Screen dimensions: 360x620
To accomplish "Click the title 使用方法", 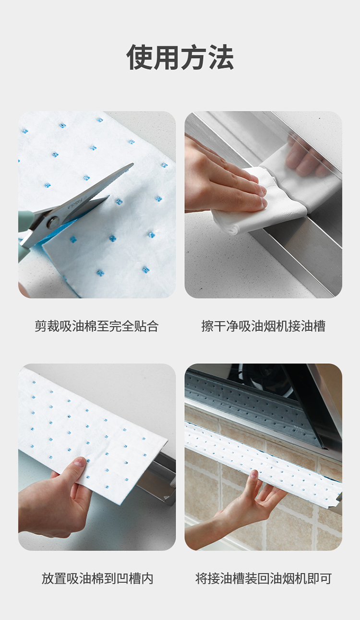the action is [180, 57].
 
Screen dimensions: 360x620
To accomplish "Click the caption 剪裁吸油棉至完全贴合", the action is [96, 326].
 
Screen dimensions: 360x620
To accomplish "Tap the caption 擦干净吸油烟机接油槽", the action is [264, 326].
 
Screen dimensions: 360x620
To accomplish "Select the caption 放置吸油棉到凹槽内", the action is [97, 578].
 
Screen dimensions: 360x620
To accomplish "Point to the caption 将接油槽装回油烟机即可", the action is [264, 578].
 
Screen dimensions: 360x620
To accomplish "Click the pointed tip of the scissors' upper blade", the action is [133, 164].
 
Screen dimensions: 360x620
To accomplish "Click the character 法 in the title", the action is [221, 57].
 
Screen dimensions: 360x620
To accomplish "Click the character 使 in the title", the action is [139, 57].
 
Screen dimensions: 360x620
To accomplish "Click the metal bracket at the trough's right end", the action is [338, 497].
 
